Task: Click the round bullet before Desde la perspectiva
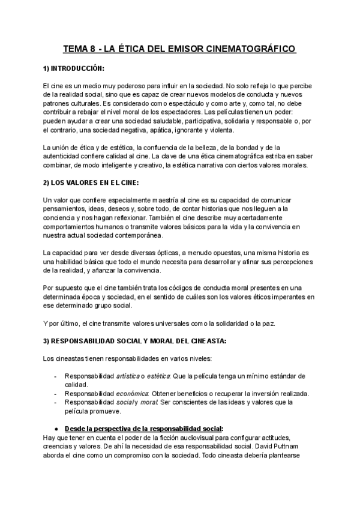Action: point(55,429)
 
